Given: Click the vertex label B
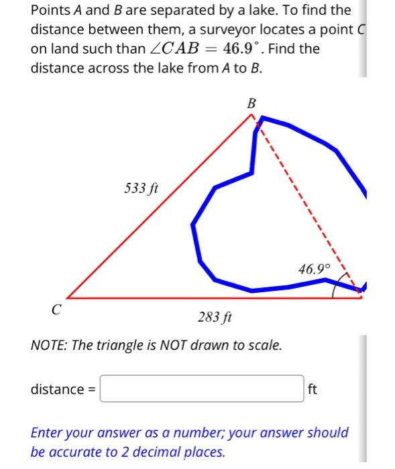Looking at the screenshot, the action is pyautogui.click(x=251, y=103).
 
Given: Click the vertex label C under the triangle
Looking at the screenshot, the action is pyautogui.click(x=56, y=310).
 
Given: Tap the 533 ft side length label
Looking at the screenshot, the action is pyautogui.click(x=141, y=188).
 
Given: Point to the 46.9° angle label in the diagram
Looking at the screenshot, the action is pyautogui.click(x=315, y=269).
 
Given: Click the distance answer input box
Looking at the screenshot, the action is pyautogui.click(x=203, y=389).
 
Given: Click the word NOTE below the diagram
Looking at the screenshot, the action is pyautogui.click(x=48, y=346).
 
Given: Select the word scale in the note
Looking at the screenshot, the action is pyautogui.click(x=262, y=346).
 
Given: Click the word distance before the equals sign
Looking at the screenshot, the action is pyautogui.click(x=57, y=389).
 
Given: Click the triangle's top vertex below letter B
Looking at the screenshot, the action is pyautogui.click(x=253, y=115).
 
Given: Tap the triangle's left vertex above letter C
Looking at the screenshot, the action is pyautogui.click(x=67, y=298).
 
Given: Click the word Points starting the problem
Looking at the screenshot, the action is pyautogui.click(x=51, y=11).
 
